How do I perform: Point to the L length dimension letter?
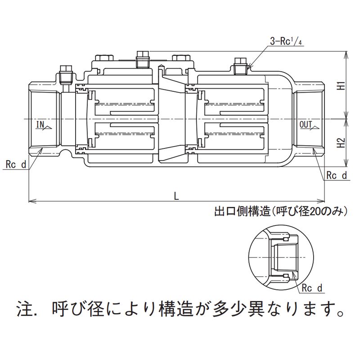pos(176,195)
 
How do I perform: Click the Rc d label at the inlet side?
pos(16,165)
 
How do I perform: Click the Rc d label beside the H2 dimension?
pos(337,175)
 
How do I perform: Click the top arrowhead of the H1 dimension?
pos(346,53)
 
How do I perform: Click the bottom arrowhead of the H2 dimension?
pos(346,165)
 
